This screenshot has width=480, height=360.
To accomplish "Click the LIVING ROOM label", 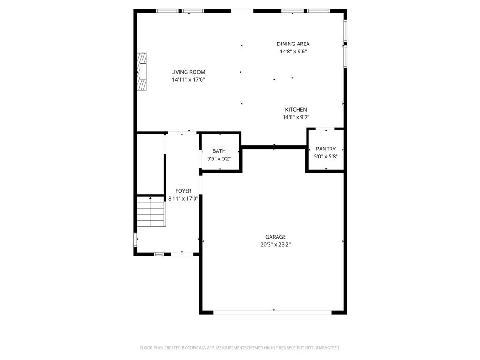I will [x=188, y=72].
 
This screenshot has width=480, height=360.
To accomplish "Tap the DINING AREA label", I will [x=293, y=44].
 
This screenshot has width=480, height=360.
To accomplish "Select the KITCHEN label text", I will [x=296, y=110].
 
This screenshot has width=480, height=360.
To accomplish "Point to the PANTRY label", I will [x=326, y=149].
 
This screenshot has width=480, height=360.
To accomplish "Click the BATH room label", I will [x=219, y=151].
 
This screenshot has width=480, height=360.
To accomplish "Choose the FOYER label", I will [x=183, y=191].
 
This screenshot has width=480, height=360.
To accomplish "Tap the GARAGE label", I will [x=275, y=237].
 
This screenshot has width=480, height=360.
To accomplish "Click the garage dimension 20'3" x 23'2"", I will [x=275, y=244].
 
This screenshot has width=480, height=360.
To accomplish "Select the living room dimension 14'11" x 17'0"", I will [x=188, y=80].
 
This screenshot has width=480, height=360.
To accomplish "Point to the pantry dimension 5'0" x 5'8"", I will [x=326, y=157].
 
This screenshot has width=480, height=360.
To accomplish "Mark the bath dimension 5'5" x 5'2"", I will [x=219, y=158].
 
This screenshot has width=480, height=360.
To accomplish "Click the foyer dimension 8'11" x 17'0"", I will [x=183, y=198].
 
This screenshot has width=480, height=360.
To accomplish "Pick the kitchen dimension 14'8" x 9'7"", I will [x=296, y=117].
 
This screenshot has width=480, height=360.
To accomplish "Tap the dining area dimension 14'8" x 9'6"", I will [x=293, y=52].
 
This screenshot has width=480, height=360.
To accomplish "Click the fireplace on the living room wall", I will [x=142, y=72].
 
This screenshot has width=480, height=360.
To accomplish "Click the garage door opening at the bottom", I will [x=273, y=312].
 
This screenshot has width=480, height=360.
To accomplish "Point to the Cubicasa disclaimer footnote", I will [x=240, y=348].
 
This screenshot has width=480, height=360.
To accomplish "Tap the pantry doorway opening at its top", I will [x=326, y=128].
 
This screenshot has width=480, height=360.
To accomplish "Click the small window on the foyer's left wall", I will [x=136, y=240].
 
